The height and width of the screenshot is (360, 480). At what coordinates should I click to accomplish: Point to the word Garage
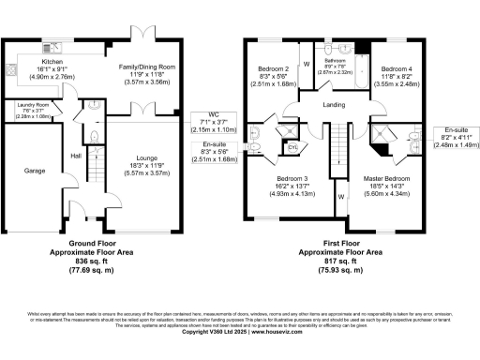[x=22, y=172]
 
